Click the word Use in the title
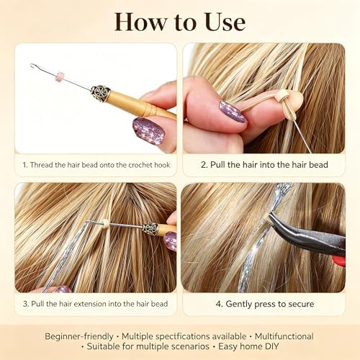[x=225, y=22]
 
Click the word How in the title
[x=140, y=22]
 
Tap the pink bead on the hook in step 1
[x=60, y=76]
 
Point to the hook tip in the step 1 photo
[x=32, y=65]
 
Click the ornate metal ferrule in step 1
[x=100, y=93]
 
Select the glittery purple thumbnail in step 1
[x=149, y=131]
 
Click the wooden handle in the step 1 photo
[x=141, y=105]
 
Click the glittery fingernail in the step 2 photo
[x=233, y=112]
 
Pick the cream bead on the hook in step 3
[x=105, y=223]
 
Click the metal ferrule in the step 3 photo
[x=150, y=229]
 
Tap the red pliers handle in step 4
[x=339, y=261]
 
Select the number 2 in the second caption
[x=204, y=165]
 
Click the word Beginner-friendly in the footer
[x=79, y=336]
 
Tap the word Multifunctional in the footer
[x=284, y=336]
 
